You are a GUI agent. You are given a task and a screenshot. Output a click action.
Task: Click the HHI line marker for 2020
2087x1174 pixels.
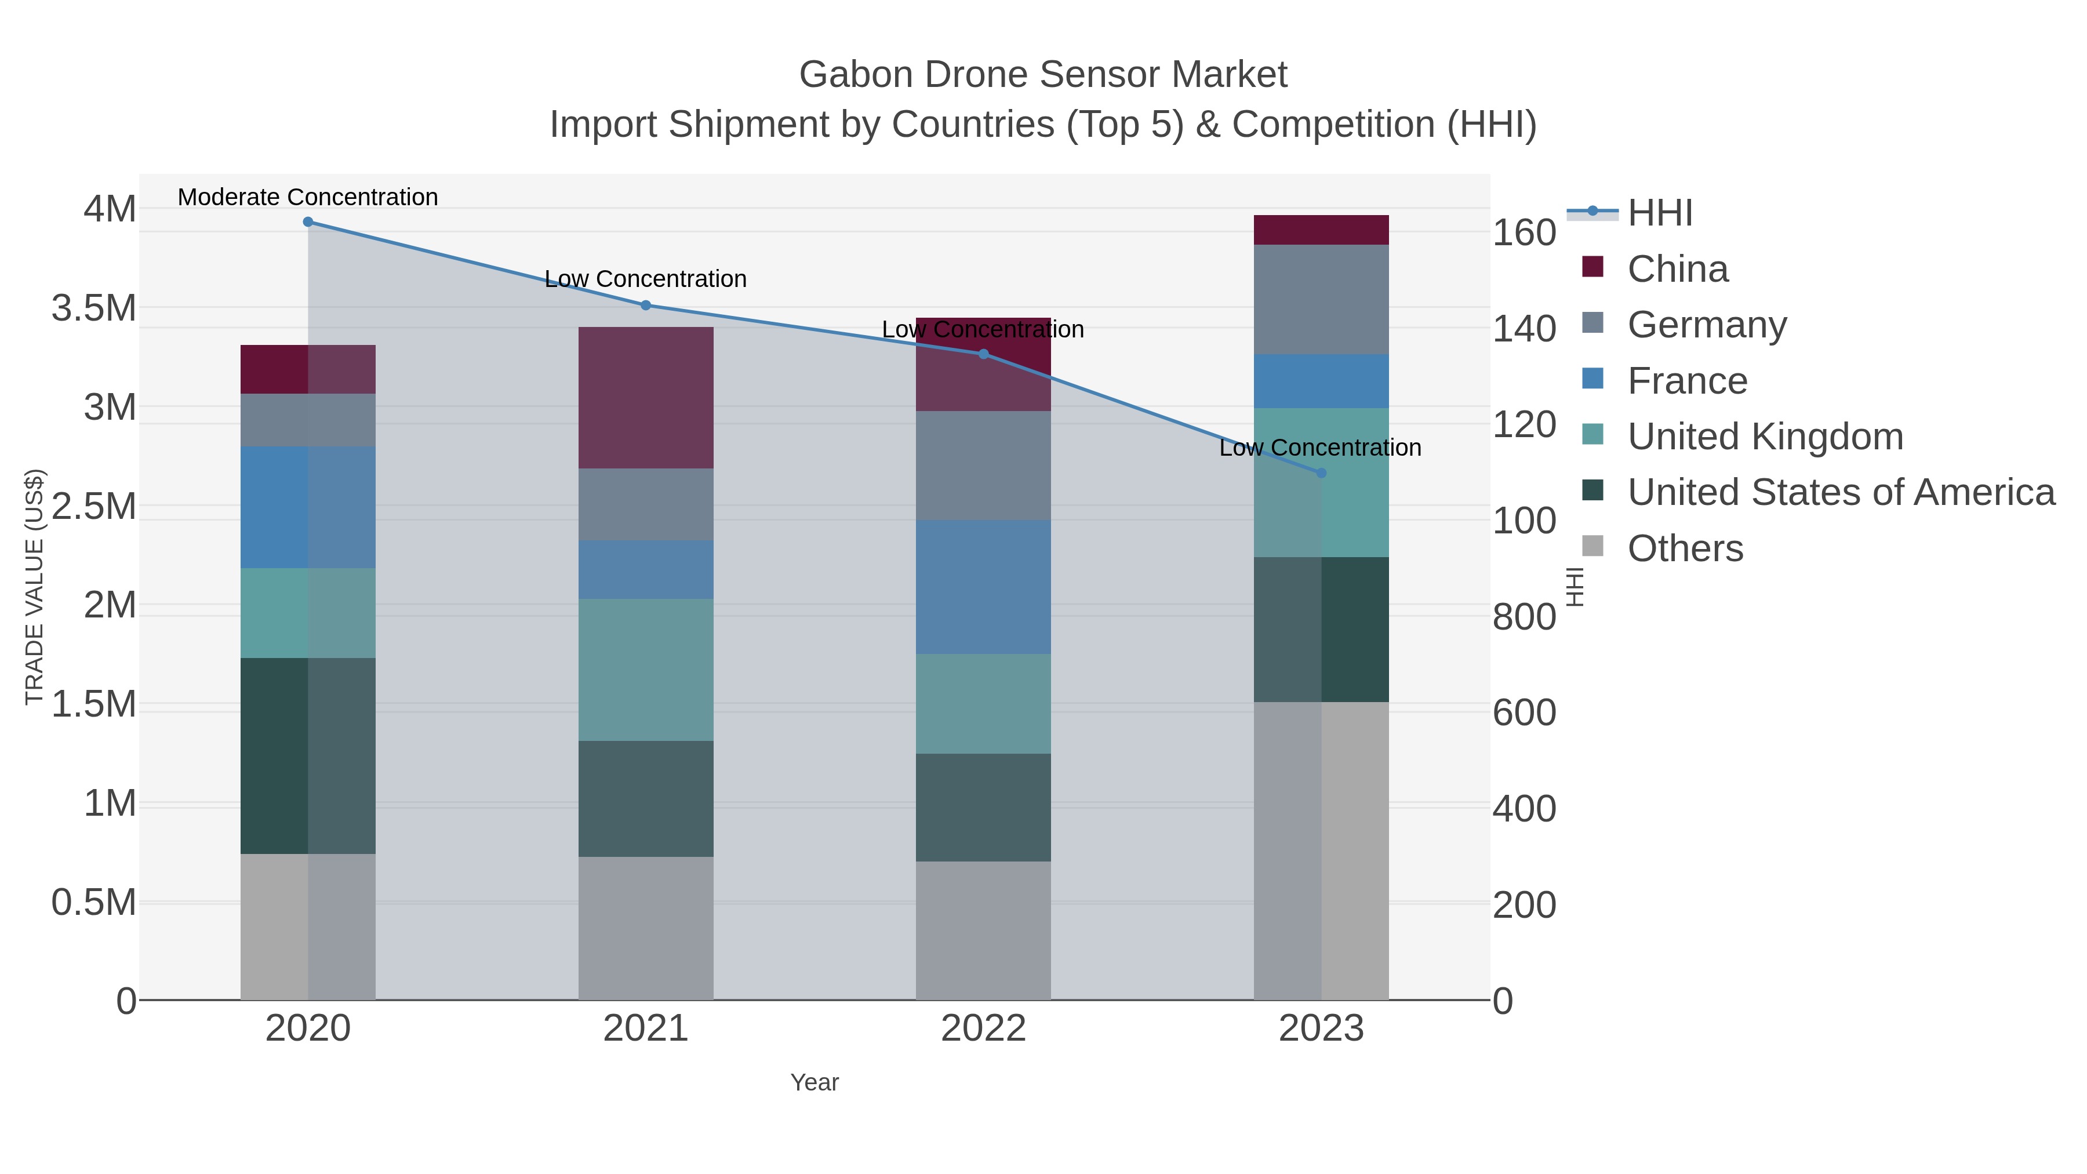[x=308, y=222]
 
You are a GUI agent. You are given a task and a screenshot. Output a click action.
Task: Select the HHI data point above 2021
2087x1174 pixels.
[x=646, y=306]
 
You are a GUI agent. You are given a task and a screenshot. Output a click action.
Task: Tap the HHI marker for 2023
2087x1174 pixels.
[x=1321, y=473]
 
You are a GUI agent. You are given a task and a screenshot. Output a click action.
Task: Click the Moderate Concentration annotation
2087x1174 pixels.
[x=308, y=197]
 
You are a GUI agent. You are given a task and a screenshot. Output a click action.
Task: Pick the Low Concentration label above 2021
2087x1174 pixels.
[x=646, y=279]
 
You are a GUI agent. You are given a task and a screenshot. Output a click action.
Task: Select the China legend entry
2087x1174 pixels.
[x=1677, y=269]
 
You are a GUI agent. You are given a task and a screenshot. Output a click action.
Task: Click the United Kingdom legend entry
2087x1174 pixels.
[x=1765, y=437]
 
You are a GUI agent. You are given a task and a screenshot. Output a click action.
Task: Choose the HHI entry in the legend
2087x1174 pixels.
[x=1659, y=213]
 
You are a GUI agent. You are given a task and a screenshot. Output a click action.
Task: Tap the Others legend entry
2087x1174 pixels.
[x=1685, y=548]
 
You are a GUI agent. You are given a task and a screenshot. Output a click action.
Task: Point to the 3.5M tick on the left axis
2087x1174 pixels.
[x=94, y=308]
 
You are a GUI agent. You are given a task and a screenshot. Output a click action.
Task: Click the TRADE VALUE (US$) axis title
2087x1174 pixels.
[x=34, y=587]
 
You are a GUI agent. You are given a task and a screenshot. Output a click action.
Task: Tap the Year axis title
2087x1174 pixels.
[x=815, y=1082]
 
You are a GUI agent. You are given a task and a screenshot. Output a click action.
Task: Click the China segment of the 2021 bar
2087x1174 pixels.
[x=646, y=398]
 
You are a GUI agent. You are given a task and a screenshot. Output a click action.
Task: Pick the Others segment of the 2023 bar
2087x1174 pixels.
[x=1321, y=850]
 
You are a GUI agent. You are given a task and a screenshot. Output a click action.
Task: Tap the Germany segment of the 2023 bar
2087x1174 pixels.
[x=1321, y=299]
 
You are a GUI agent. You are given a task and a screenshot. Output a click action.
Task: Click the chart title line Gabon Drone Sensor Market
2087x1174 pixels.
[x=1043, y=75]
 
